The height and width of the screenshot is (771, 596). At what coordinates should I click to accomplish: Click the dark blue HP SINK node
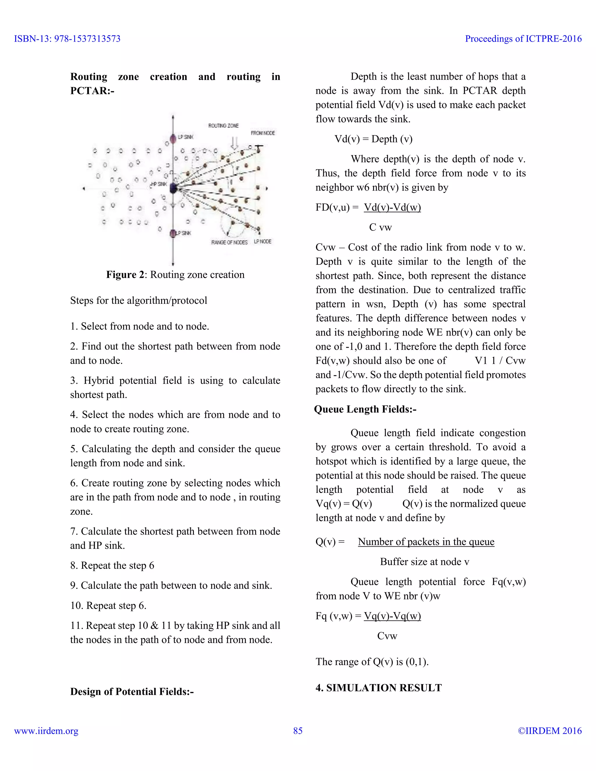173,188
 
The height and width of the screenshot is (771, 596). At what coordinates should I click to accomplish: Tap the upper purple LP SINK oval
173,138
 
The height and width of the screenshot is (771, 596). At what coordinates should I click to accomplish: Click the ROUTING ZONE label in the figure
223,126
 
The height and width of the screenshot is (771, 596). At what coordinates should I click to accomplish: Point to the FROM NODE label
263,133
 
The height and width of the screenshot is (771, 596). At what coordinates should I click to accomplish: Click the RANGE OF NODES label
229,242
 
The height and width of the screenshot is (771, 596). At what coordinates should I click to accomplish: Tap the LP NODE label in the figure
263,241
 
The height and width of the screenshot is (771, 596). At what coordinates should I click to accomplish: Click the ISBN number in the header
67,39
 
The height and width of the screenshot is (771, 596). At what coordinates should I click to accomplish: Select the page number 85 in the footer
298,731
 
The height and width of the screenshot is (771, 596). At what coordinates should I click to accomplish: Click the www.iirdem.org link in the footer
46,731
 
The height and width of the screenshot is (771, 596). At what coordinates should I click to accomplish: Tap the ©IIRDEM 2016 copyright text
549,731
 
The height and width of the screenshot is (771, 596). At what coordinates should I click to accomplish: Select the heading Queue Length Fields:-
365,409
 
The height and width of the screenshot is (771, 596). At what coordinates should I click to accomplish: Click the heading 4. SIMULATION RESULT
379,688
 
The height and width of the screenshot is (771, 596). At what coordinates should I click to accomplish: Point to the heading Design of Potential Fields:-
132,691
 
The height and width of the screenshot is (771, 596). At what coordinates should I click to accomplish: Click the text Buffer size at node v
424,562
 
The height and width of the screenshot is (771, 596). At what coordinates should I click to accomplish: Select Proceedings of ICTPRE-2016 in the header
523,39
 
